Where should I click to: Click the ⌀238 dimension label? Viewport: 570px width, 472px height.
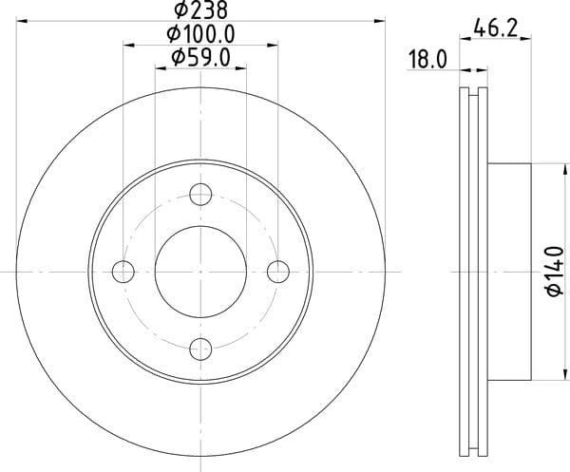[201, 9]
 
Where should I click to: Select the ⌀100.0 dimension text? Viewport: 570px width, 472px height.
[201, 34]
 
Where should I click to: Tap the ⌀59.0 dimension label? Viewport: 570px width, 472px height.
[201, 58]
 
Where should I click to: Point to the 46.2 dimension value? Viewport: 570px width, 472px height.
[496, 28]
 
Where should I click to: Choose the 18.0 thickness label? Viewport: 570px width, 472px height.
[427, 59]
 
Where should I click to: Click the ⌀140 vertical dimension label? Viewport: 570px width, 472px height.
[555, 271]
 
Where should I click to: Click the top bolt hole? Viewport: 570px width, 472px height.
[200, 194]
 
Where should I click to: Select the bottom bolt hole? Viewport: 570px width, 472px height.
[200, 349]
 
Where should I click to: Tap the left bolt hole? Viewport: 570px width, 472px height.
[123, 272]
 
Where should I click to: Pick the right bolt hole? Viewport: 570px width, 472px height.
[278, 272]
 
